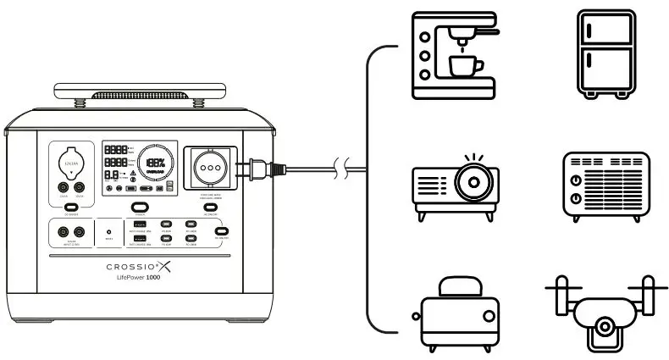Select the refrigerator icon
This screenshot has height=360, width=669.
pos(605,53)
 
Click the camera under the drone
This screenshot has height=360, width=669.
pos(605,327)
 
